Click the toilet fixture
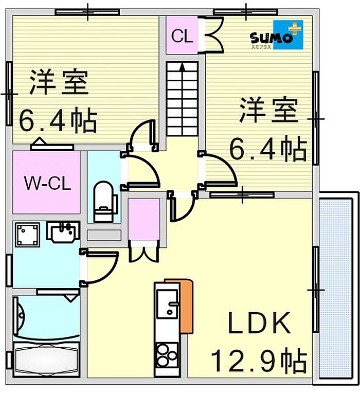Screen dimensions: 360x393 (103, 201)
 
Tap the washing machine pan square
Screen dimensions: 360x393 (28, 235)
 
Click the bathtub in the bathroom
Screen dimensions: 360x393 (46, 360)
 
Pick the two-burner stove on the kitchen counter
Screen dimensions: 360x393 (167, 354)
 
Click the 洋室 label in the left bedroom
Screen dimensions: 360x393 (59, 82)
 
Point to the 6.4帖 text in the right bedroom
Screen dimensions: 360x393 (267, 149)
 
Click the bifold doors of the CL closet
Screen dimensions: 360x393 (213, 34)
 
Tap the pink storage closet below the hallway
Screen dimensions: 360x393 (144, 219)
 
